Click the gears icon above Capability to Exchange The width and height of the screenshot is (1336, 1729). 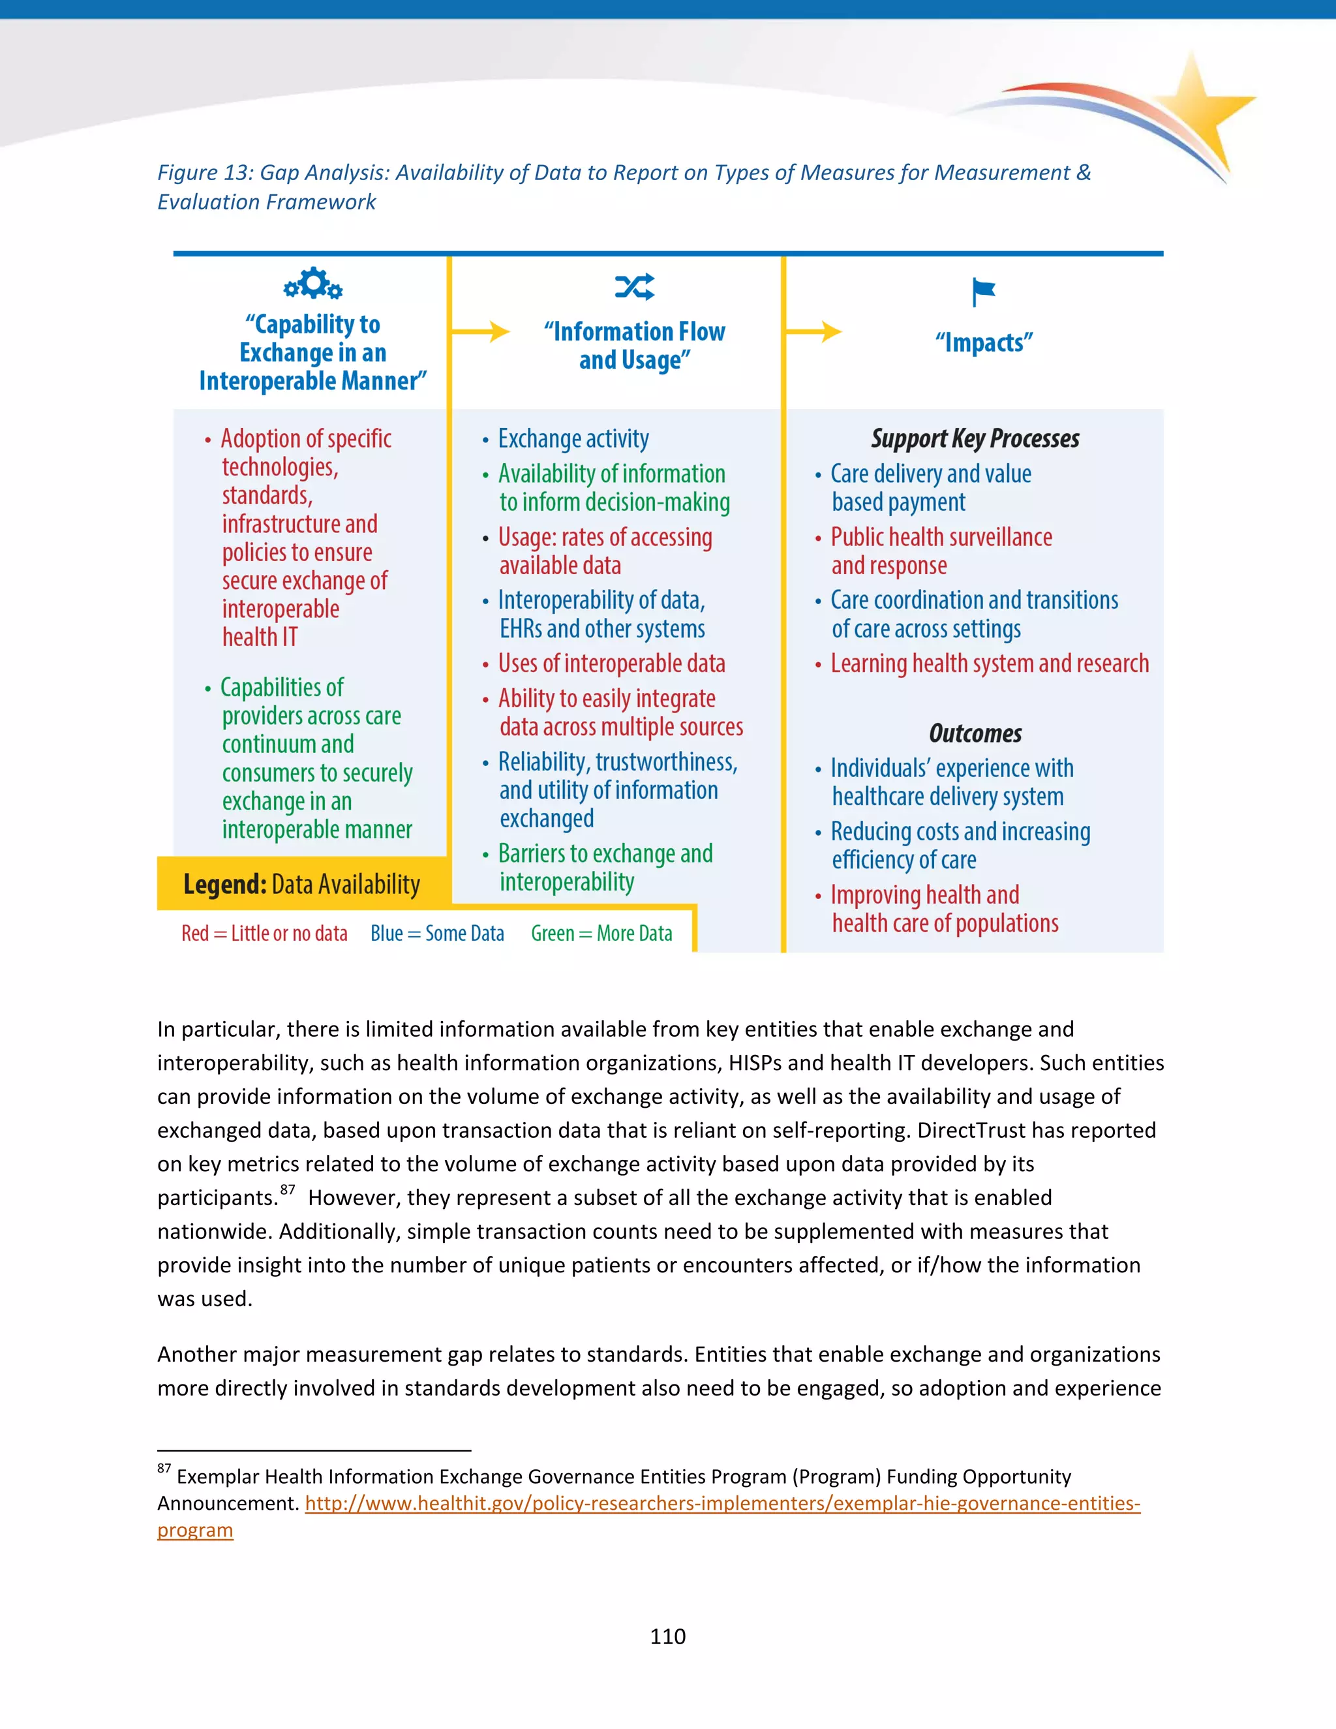tap(313, 283)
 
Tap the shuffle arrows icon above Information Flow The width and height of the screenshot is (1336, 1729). tap(635, 286)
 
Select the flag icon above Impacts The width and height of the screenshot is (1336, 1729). tap(983, 292)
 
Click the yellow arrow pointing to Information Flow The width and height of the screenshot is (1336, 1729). tap(481, 331)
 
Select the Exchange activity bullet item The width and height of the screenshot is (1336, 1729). tap(573, 438)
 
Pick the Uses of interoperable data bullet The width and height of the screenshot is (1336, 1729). tap(611, 664)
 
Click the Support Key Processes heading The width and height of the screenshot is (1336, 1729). tap(975, 438)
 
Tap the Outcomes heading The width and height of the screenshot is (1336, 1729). tap(975, 733)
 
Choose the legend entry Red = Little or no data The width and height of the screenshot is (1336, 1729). tap(264, 934)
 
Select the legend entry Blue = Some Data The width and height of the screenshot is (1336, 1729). tap(437, 934)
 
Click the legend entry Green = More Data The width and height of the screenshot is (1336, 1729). tap(601, 934)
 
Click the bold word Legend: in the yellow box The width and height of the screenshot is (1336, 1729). tap(225, 884)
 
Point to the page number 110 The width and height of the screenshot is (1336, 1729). tap(667, 1636)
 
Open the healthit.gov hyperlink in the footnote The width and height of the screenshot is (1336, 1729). tap(722, 1503)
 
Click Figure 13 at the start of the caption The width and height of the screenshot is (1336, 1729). tap(204, 173)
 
